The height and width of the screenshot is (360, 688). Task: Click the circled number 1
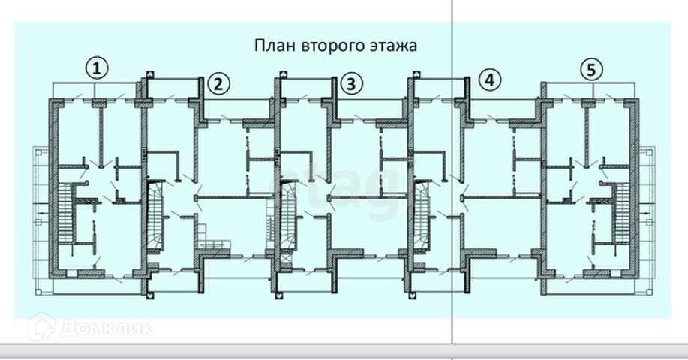[95, 69]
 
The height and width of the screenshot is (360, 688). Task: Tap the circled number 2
[218, 84]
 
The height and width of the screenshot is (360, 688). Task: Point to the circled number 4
[490, 79]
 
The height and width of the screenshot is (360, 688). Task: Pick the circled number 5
[591, 70]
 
